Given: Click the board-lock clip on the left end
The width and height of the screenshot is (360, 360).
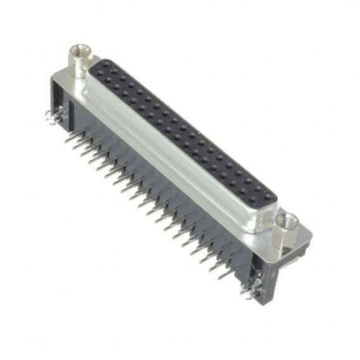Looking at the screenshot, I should coord(49,117).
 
